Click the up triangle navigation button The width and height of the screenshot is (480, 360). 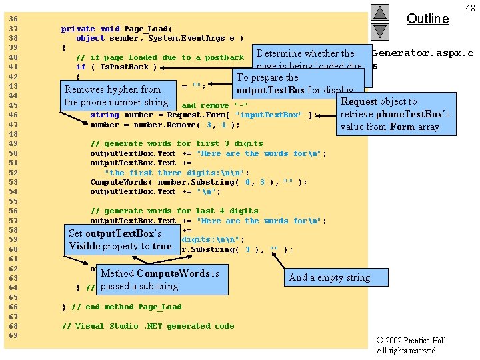pos(380,12)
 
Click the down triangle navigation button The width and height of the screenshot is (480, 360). pos(380,31)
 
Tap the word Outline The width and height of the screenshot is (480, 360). pos(427,19)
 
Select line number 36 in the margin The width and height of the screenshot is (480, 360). pos(13,19)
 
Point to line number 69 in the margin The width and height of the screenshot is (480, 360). pos(13,335)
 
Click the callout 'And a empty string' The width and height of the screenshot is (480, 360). pos(329,277)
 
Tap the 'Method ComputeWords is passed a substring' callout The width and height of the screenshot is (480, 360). pos(159,279)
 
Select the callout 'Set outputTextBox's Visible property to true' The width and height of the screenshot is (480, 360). pos(120,239)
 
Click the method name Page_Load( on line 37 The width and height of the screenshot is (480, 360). pos(147,29)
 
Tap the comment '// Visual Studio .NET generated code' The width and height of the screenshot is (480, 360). pos(148,326)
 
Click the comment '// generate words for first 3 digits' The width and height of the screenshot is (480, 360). pos(177,143)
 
